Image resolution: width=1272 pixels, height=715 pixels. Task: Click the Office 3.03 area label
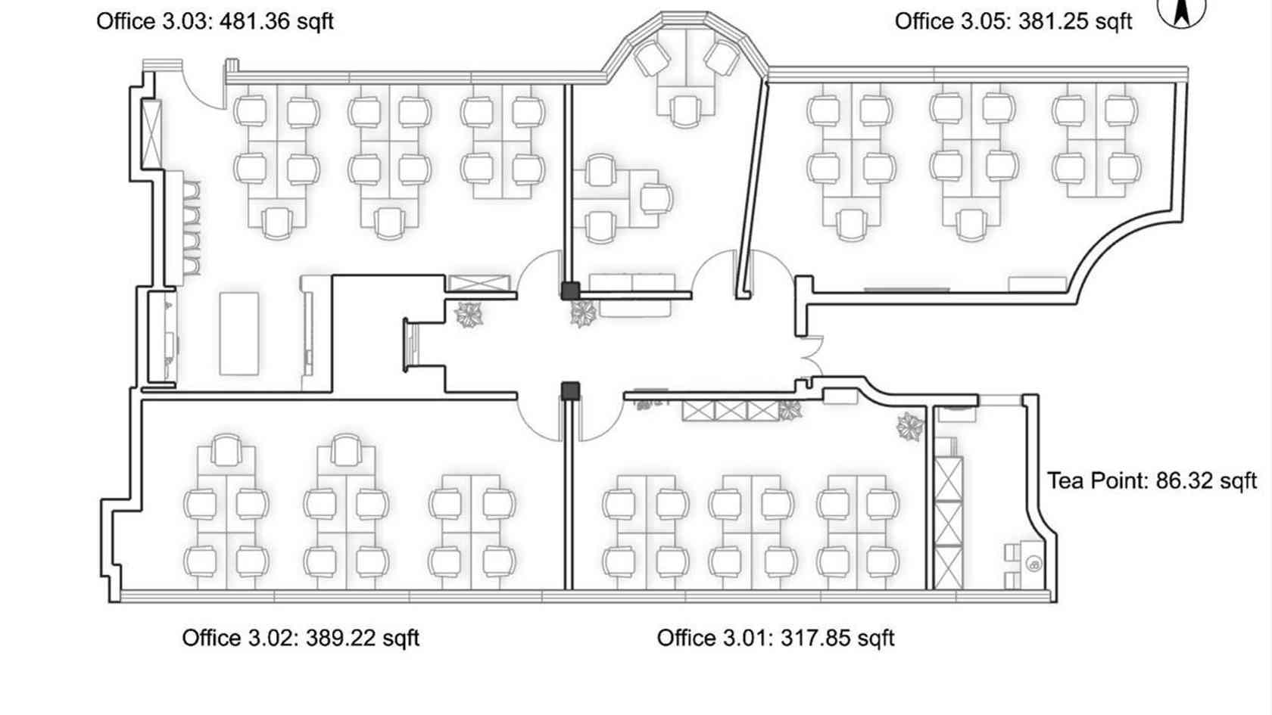(215, 21)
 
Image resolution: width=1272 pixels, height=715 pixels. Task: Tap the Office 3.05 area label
(1013, 21)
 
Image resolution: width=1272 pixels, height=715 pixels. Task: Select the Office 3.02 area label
(301, 638)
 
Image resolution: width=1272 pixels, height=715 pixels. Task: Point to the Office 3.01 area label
(775, 638)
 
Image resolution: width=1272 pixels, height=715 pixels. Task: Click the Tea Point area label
(1152, 480)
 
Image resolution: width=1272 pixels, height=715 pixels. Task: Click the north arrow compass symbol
(1182, 12)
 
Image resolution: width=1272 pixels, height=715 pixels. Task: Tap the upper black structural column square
(570, 291)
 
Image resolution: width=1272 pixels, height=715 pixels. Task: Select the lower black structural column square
(570, 390)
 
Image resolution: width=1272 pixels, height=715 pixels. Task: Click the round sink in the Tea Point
(1034, 564)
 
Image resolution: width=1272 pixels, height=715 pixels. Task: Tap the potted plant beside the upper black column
(583, 313)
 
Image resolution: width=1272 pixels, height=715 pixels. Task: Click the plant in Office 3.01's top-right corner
(910, 426)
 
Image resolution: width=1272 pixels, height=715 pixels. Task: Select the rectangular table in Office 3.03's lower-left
(239, 334)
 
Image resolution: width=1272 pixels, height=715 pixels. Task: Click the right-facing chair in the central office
(656, 198)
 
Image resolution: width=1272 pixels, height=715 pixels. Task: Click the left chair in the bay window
(651, 58)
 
